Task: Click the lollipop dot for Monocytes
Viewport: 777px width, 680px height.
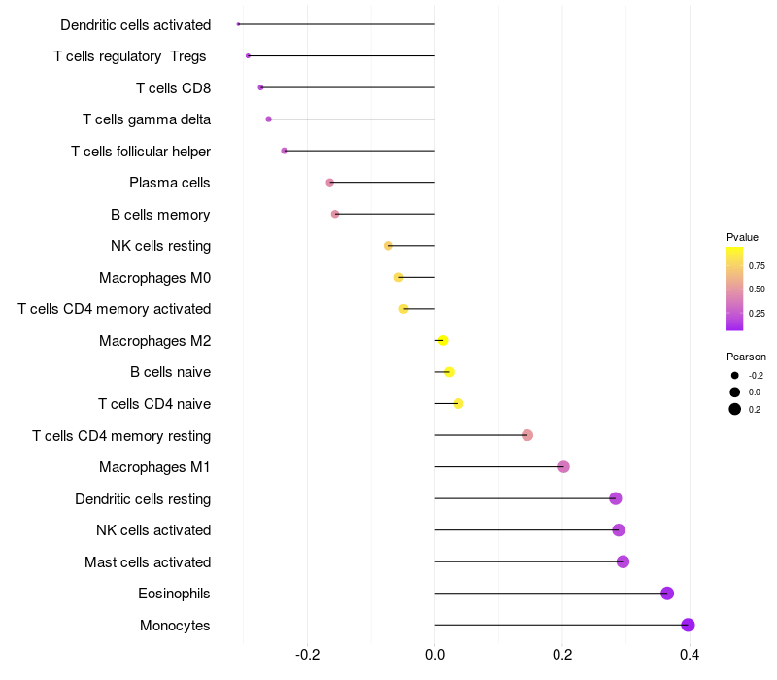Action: (x=689, y=625)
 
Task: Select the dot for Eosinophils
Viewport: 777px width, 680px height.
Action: (x=667, y=594)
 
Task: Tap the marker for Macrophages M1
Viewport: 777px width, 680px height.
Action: (x=563, y=467)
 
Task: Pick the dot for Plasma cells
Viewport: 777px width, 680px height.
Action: (x=330, y=183)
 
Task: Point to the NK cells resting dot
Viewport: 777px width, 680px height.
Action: (x=388, y=246)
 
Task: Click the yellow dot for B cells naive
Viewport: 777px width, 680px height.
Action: (x=449, y=372)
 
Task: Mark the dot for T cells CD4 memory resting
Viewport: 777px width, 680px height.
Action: (x=527, y=435)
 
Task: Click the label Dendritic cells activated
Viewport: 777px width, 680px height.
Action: (x=135, y=25)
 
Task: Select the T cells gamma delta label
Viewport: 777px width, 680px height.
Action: (x=147, y=119)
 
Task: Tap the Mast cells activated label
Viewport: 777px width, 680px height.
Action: (x=148, y=562)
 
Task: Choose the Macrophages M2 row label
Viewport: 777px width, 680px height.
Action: (x=154, y=341)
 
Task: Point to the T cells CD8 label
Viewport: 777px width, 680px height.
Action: (x=173, y=88)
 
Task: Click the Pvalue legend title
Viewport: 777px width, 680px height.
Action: (x=742, y=237)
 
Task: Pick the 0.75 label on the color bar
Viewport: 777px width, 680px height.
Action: (x=757, y=265)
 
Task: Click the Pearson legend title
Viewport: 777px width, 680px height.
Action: (x=746, y=357)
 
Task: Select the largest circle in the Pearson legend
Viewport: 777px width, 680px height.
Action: (x=735, y=409)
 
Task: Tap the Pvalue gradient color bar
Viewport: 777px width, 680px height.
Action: (x=735, y=289)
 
